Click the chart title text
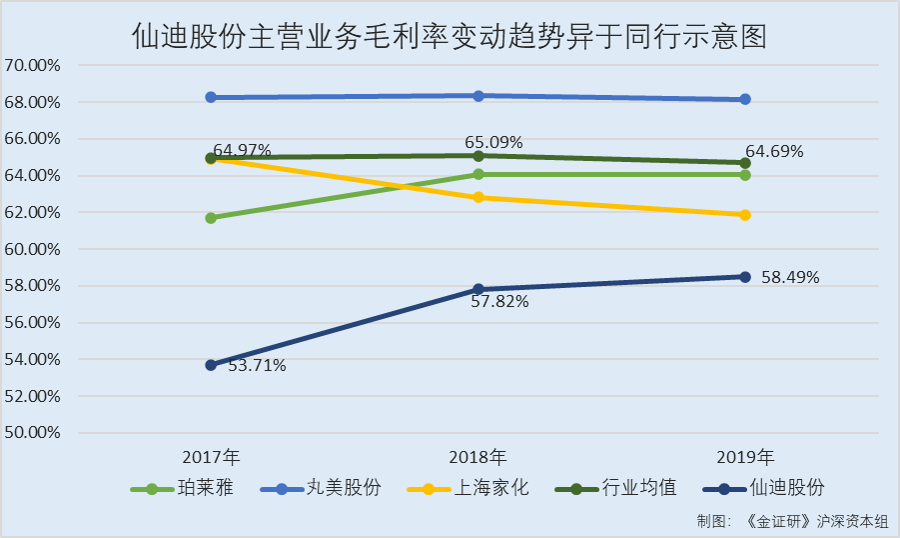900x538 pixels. [450, 37]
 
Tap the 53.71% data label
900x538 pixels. [258, 366]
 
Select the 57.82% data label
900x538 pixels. [499, 300]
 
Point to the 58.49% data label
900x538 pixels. [790, 277]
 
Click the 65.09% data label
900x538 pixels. [493, 143]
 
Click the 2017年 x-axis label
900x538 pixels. [211, 458]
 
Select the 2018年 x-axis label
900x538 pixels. [478, 458]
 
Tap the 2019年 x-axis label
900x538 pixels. [745, 458]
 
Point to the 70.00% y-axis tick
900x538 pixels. [33, 66]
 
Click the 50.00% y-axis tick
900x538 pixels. [33, 433]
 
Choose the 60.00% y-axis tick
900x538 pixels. [33, 249]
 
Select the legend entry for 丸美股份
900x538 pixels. [321, 489]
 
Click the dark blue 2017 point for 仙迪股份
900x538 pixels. [211, 365]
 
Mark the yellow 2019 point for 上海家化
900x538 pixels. [745, 215]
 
